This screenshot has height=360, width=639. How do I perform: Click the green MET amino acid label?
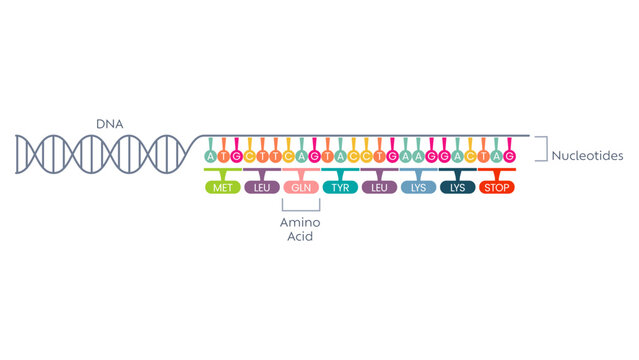pyautogui.click(x=223, y=187)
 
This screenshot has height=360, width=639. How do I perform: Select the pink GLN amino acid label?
pyautogui.click(x=301, y=187)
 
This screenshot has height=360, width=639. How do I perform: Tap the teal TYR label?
pyautogui.click(x=340, y=187)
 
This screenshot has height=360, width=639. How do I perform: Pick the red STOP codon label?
pyautogui.click(x=497, y=187)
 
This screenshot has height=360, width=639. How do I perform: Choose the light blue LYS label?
pyautogui.click(x=418, y=187)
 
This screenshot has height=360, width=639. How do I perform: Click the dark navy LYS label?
pyautogui.click(x=457, y=187)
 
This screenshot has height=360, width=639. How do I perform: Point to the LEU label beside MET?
pyautogui.click(x=262, y=187)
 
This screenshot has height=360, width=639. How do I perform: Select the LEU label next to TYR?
pyautogui.click(x=379, y=187)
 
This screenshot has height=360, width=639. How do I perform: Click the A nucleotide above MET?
pyautogui.click(x=210, y=157)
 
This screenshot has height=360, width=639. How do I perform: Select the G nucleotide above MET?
pyautogui.click(x=236, y=157)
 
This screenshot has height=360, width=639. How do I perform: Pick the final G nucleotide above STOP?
pyautogui.click(x=510, y=157)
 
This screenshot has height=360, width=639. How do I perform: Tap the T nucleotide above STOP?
pyautogui.click(x=484, y=157)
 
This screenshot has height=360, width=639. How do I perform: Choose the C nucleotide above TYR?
pyautogui.click(x=353, y=157)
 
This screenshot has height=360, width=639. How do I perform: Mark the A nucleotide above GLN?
pyautogui.click(x=301, y=157)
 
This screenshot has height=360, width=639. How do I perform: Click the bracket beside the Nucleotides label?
pyautogui.click(x=541, y=149)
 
